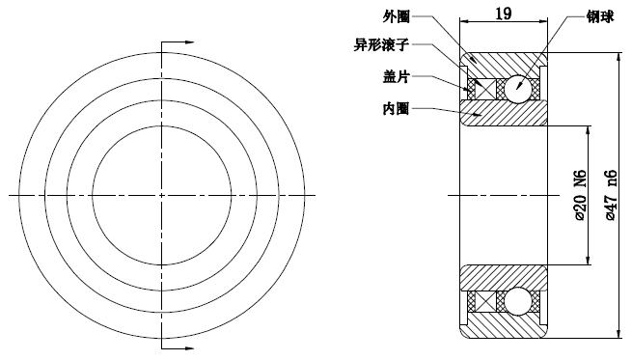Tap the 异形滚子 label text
point(381,44)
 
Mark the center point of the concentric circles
point(161,195)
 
